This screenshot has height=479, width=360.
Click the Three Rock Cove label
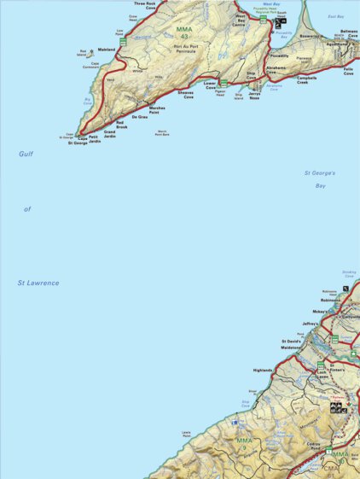click(x=145, y=6)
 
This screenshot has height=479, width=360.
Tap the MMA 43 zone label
click(x=184, y=32)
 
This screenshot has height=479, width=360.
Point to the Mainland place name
click(x=107, y=50)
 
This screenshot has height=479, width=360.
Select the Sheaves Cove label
click(x=185, y=95)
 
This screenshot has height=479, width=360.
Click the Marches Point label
click(x=157, y=110)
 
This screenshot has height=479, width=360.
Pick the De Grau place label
click(x=140, y=116)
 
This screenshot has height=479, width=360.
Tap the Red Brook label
click(x=121, y=126)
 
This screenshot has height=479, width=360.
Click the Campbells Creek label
click(x=307, y=80)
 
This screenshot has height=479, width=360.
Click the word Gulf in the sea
click(x=26, y=154)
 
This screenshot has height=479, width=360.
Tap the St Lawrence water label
click(x=38, y=283)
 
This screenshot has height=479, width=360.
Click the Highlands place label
click(x=263, y=371)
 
